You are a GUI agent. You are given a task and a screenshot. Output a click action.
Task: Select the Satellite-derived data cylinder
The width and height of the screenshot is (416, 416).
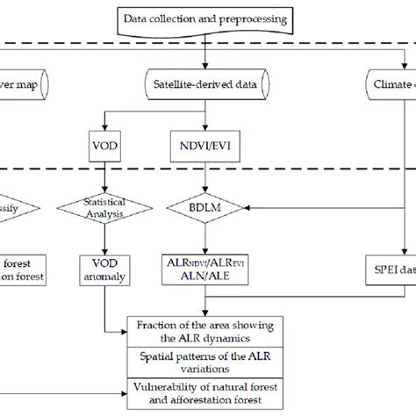pos(204,84)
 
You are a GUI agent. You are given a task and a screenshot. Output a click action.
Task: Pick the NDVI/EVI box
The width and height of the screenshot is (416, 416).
pos(204,140)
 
